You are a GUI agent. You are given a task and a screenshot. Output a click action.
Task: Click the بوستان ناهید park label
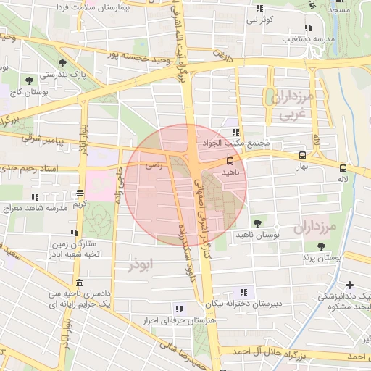pyautogui.click(x=257, y=235)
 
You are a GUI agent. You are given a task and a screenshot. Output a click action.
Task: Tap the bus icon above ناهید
pyautogui.click(x=230, y=161)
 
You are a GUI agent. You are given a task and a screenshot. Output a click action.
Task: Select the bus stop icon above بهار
pyautogui.click(x=302, y=154)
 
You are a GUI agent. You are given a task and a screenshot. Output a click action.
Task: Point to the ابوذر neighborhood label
pyautogui.click(x=141, y=265)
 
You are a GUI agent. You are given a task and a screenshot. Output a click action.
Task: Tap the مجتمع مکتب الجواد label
pyautogui.click(x=236, y=143)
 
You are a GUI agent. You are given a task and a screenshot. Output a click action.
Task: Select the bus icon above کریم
pyautogui.click(x=79, y=193)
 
